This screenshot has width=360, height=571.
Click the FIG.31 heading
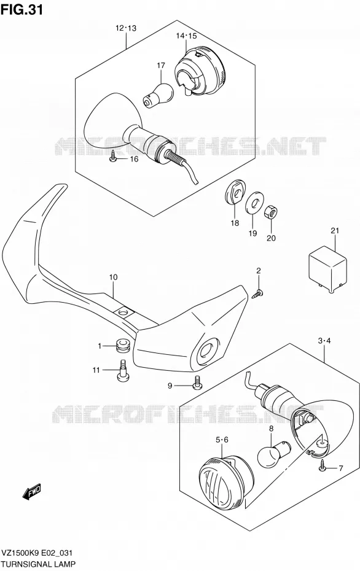pyautogui.click(x=22, y=10)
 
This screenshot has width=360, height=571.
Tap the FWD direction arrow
pyautogui.click(x=32, y=492)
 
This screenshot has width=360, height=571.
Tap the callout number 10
pyautogui.click(x=113, y=278)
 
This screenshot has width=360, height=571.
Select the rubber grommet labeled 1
pyautogui.click(x=123, y=346)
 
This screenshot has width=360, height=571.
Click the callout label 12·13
pyautogui.click(x=126, y=28)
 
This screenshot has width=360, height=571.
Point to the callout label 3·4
pyautogui.click(x=324, y=341)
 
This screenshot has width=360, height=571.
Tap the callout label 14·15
pyautogui.click(x=186, y=36)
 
